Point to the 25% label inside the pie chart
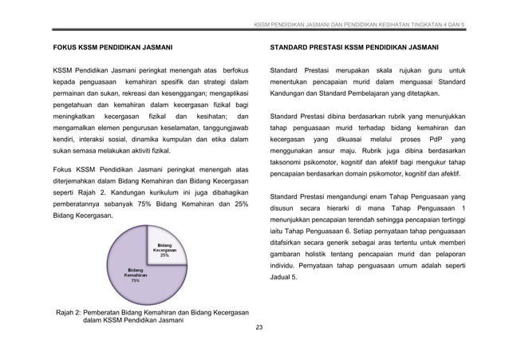pos(164,255)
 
